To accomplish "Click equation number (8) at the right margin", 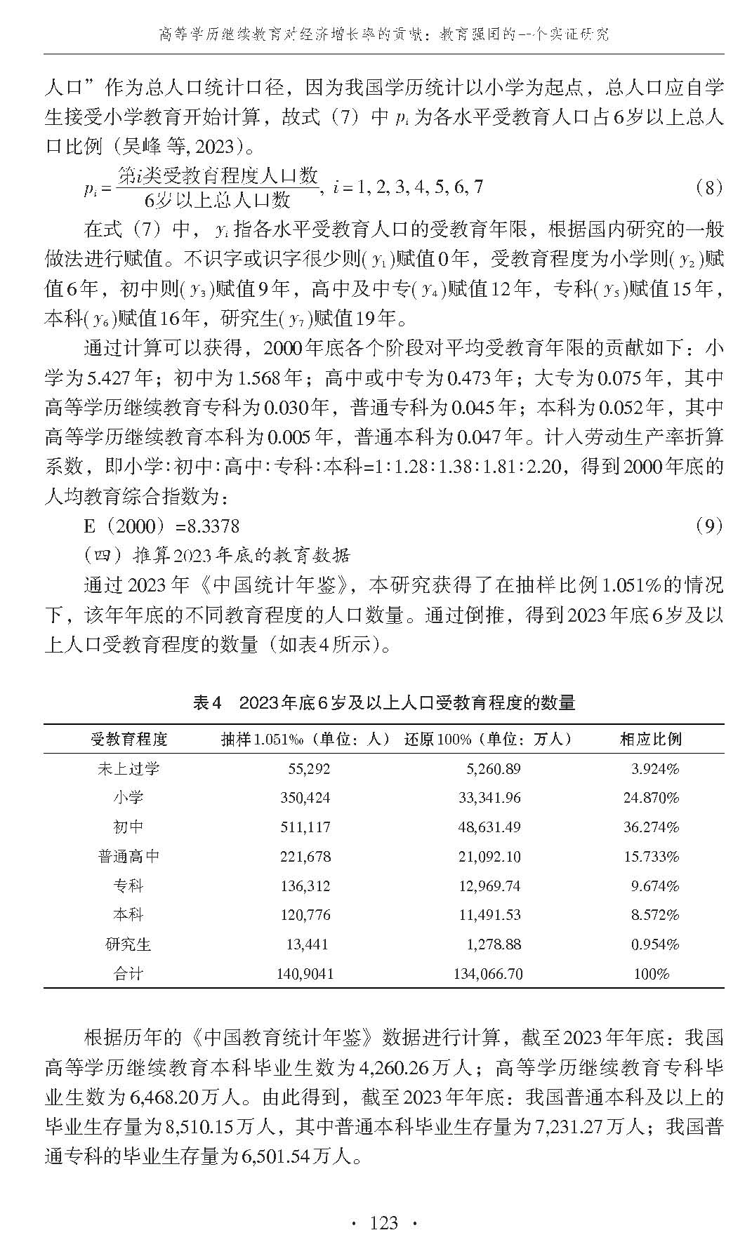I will click(708, 187).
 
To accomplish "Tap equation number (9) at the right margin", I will click(708, 526).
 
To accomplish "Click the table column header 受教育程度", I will click(129, 739).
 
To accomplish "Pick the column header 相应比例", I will click(650, 739).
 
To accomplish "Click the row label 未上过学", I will click(128, 768).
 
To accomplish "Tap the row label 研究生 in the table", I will click(128, 944).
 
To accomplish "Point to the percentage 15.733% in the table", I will click(651, 857).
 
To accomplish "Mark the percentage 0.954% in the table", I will click(654, 944).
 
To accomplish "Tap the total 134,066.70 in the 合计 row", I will click(488, 974).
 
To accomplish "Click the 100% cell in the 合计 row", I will click(651, 974).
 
